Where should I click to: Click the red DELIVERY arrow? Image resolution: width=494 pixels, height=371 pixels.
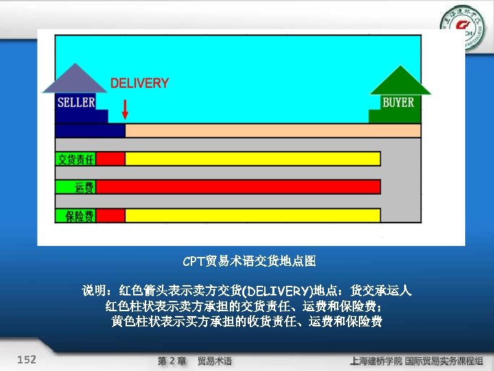click(x=125, y=109)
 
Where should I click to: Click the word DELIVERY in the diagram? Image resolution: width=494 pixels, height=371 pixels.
click(x=139, y=83)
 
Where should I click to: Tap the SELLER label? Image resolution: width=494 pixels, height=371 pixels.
click(x=75, y=102)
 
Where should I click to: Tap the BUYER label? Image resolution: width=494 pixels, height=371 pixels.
click(x=398, y=102)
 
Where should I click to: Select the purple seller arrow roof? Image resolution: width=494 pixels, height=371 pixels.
click(x=75, y=79)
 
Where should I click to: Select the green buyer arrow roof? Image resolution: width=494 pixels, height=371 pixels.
click(x=400, y=80)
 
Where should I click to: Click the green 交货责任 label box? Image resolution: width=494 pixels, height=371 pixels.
click(x=75, y=159)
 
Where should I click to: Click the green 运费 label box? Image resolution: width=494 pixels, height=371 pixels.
click(x=84, y=187)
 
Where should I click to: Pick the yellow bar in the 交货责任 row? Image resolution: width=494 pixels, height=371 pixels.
click(x=252, y=159)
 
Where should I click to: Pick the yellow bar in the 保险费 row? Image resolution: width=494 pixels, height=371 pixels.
click(x=252, y=215)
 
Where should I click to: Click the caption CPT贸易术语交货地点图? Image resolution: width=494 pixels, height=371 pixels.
click(x=249, y=261)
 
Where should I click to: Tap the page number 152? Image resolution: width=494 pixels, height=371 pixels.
click(x=27, y=359)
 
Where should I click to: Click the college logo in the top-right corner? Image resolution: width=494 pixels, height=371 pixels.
click(x=462, y=26)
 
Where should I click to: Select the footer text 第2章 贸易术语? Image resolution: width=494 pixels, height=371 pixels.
click(x=195, y=361)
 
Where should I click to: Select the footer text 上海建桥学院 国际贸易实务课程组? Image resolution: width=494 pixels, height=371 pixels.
click(x=416, y=361)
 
